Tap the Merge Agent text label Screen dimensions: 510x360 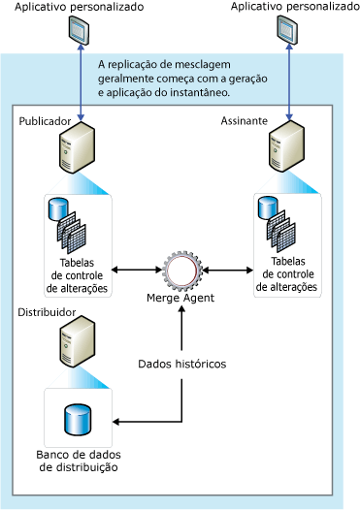click(180, 298)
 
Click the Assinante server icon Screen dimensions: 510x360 click(283, 152)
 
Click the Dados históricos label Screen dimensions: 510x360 click(182, 364)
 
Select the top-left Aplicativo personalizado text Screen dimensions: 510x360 click(74, 7)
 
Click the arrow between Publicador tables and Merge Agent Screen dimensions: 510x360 click(135, 269)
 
